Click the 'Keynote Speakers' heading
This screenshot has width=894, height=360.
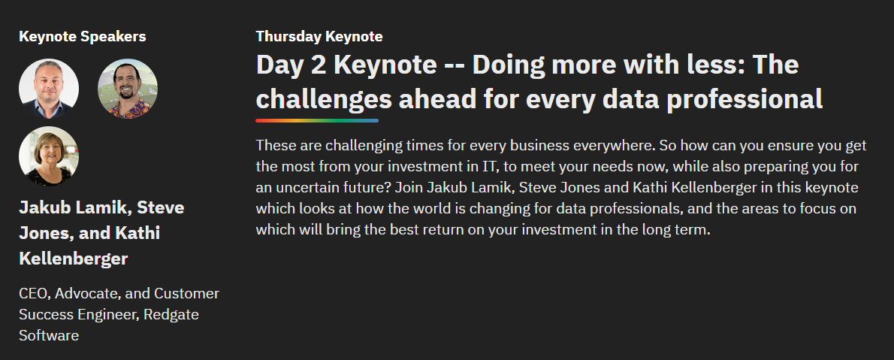click(83, 37)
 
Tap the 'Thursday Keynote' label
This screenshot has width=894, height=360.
click(319, 37)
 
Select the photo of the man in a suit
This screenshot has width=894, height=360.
click(49, 89)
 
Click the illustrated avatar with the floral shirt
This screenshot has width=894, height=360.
click(128, 89)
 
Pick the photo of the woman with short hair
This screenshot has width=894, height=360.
click(49, 156)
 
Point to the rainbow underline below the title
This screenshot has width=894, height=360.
click(317, 120)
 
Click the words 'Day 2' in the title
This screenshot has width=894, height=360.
click(291, 65)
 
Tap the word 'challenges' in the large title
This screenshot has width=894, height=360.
click(324, 100)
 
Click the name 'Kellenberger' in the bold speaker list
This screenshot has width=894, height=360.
click(74, 259)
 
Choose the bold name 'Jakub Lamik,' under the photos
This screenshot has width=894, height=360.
click(77, 207)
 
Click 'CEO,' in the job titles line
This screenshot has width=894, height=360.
click(35, 294)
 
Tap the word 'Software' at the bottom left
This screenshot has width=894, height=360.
click(49, 335)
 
